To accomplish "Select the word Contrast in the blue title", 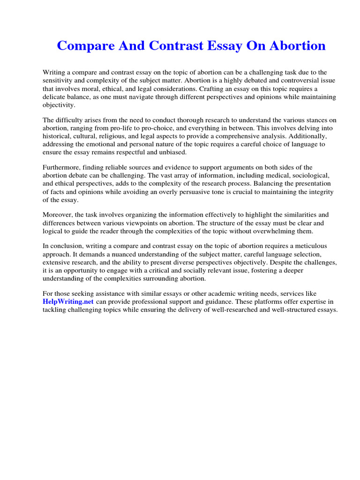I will tap(166, 46).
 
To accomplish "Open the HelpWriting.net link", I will tap(68, 302).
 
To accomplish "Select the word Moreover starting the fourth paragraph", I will tap(57, 215).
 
